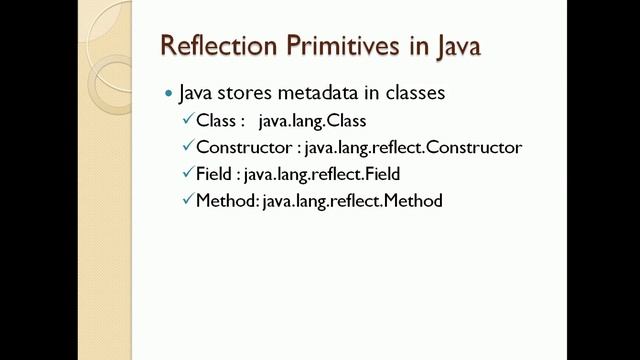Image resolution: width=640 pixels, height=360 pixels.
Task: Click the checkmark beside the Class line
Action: (x=187, y=120)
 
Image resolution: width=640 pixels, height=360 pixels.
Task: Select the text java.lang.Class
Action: (x=312, y=121)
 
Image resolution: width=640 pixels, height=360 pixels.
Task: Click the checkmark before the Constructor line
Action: (x=187, y=147)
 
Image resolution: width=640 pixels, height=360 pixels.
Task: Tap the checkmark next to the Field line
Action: (x=187, y=174)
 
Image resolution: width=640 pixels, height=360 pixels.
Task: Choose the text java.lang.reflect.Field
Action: (x=329, y=175)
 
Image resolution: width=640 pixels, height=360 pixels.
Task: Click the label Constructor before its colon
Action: (x=244, y=148)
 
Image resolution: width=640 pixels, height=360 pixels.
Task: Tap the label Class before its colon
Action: (x=215, y=121)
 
